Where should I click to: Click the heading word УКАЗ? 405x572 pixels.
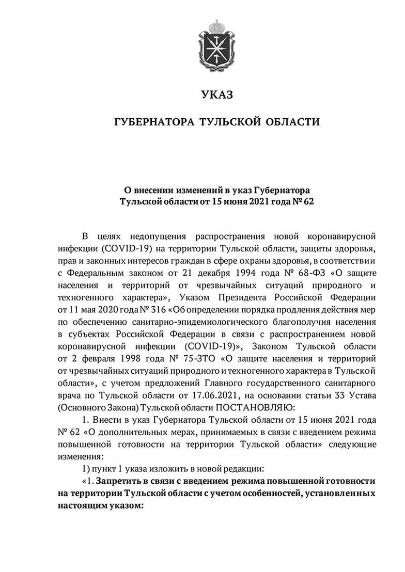[217, 94]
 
